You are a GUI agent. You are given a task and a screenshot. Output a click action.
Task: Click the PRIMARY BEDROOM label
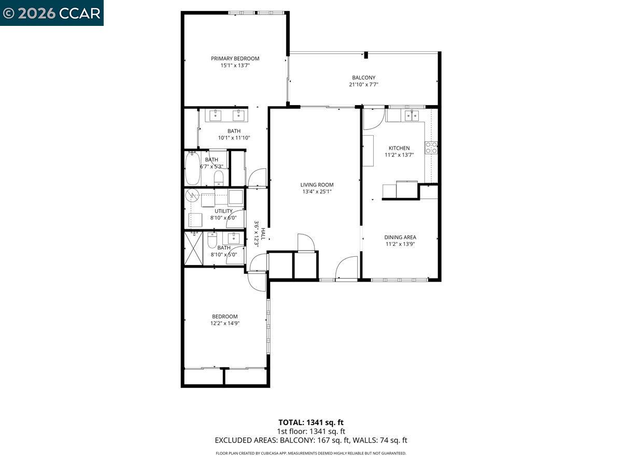[x=235, y=59]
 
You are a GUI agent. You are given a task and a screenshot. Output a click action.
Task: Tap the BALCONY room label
[x=363, y=78]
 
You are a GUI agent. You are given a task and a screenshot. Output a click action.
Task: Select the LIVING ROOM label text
[x=317, y=185]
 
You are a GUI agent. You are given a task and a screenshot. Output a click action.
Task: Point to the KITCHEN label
[x=399, y=148]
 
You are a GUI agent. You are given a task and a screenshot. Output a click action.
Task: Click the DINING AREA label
[x=400, y=237]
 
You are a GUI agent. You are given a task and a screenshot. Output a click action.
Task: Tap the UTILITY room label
[x=223, y=211]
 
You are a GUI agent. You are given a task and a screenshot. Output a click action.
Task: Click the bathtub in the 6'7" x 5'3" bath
[x=193, y=168]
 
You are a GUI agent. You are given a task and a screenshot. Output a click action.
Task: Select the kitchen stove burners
[x=431, y=148]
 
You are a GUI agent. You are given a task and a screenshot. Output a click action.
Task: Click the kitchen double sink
[x=412, y=115]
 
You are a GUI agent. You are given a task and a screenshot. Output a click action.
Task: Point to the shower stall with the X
[x=193, y=248]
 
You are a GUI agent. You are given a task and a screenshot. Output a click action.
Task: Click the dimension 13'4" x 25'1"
[x=317, y=192]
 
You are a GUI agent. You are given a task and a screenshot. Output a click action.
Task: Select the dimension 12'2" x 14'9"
[x=225, y=323]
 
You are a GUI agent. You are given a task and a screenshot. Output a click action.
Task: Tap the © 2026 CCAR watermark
[x=51, y=13]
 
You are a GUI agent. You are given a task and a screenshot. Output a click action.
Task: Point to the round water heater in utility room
[x=193, y=195]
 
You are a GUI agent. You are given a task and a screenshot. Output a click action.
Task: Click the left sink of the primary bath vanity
[x=216, y=115]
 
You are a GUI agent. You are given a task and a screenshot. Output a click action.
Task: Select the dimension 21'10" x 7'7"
[x=363, y=84]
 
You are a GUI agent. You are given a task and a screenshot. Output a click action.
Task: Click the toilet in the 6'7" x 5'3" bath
[x=219, y=178]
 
